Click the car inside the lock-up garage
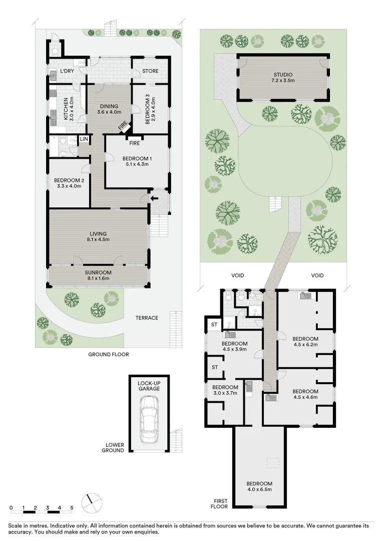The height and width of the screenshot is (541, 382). tap(149, 419)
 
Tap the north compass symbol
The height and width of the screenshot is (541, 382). tap(91, 502)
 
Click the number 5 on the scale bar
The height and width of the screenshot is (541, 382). tap(72, 508)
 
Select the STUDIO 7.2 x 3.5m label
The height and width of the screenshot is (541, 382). tap(282, 78)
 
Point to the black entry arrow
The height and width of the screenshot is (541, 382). tap(155, 198)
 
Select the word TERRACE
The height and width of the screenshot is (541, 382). tap(147, 318)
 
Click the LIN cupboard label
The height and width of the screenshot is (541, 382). tap(83, 139)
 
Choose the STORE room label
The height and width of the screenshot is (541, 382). tap(150, 71)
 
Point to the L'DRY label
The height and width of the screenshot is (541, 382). tap(67, 71)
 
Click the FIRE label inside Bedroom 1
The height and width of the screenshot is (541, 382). tap(134, 143)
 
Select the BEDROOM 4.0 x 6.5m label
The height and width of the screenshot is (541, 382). tap(259, 486)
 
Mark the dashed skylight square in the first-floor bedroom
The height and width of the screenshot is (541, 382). tap(273, 463)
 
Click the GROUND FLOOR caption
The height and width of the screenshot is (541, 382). tap(109, 354)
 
